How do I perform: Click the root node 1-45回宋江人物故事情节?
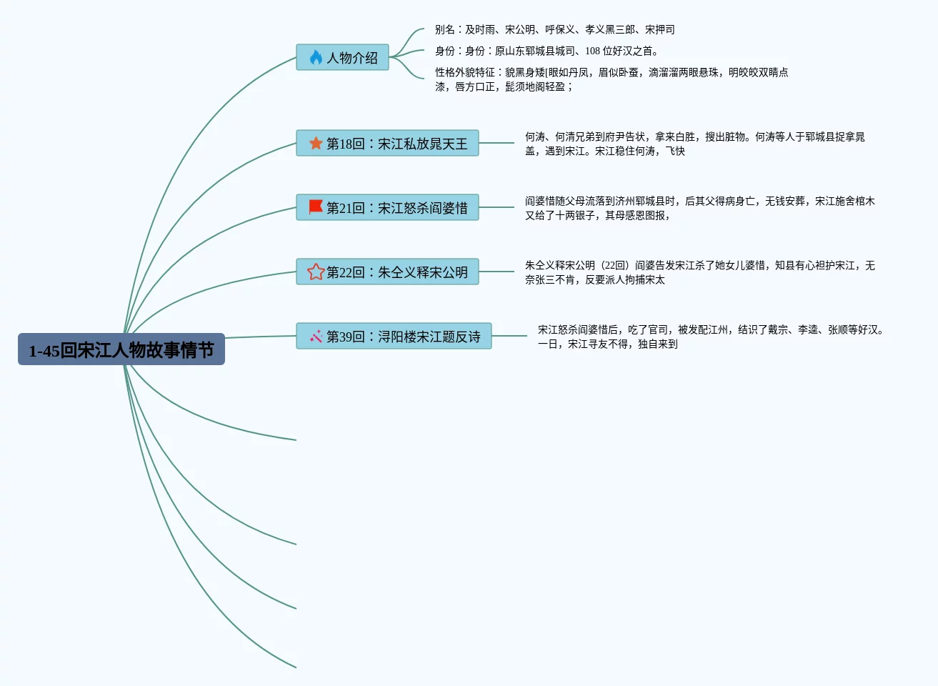(x=121, y=349)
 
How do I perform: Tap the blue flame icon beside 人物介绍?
(x=316, y=58)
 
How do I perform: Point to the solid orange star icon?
(x=316, y=144)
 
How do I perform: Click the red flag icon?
(x=316, y=207)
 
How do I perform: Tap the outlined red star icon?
(x=316, y=272)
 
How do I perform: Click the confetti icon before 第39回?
(x=316, y=337)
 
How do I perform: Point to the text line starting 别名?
(x=554, y=30)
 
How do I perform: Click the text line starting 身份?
(x=546, y=51)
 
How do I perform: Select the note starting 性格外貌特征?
(x=611, y=79)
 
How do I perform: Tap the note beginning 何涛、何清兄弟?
(x=694, y=144)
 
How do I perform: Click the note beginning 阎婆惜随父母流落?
(x=699, y=208)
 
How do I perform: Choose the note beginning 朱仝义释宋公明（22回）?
(x=699, y=272)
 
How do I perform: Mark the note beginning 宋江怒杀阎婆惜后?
(x=710, y=337)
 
